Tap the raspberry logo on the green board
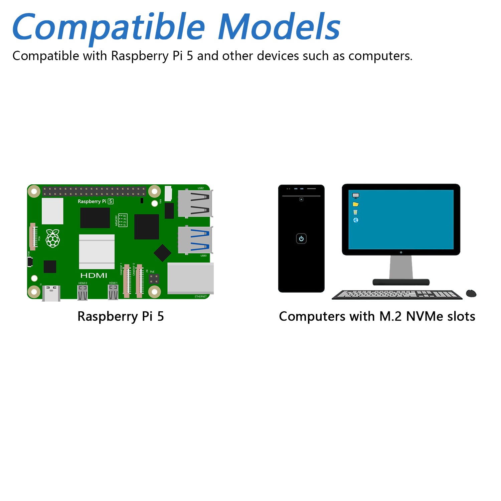pyautogui.click(x=53, y=238)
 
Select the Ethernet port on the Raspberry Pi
pyautogui.click(x=190, y=278)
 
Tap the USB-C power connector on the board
pyautogui.click(x=51, y=293)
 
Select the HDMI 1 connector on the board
pyautogui.click(x=113, y=293)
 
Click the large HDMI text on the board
pyautogui.click(x=94, y=276)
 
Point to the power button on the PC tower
pyautogui.click(x=301, y=238)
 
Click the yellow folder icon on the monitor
pyautogui.click(x=356, y=204)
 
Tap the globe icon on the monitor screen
pyautogui.click(x=356, y=220)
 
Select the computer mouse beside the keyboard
pyautogui.click(x=471, y=294)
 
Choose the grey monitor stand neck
pyautogui.click(x=401, y=267)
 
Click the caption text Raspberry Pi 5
pyautogui.click(x=121, y=316)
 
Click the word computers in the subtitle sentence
pyautogui.click(x=380, y=56)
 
